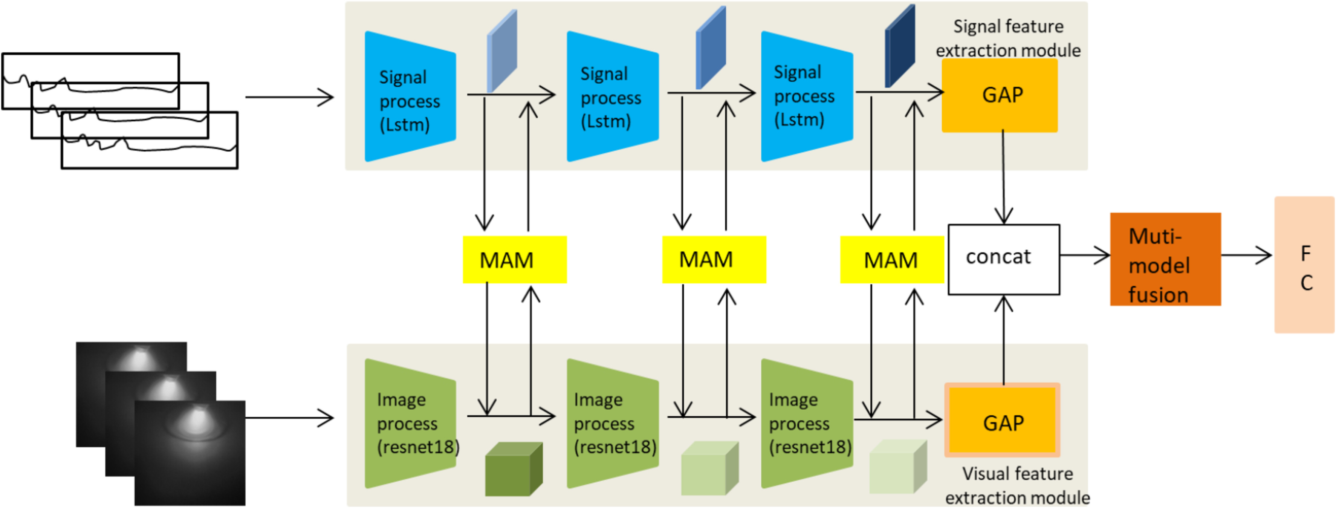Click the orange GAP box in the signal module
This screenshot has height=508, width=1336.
[1000, 95]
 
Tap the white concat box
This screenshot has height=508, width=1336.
[1004, 259]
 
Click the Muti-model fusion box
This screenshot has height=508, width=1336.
[1165, 259]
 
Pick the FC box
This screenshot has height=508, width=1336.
[1304, 265]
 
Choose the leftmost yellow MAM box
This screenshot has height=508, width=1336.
[515, 259]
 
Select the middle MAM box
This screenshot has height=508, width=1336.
[714, 259]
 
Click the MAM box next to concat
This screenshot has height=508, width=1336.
[891, 259]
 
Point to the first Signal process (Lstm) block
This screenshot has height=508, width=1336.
[410, 97]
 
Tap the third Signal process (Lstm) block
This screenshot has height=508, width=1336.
[807, 97]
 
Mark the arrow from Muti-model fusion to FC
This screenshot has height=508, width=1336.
[1246, 255]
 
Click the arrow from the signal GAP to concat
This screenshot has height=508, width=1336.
[1004, 176]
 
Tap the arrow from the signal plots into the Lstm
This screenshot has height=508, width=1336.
[289, 97]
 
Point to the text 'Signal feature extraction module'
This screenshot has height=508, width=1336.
[1008, 38]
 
